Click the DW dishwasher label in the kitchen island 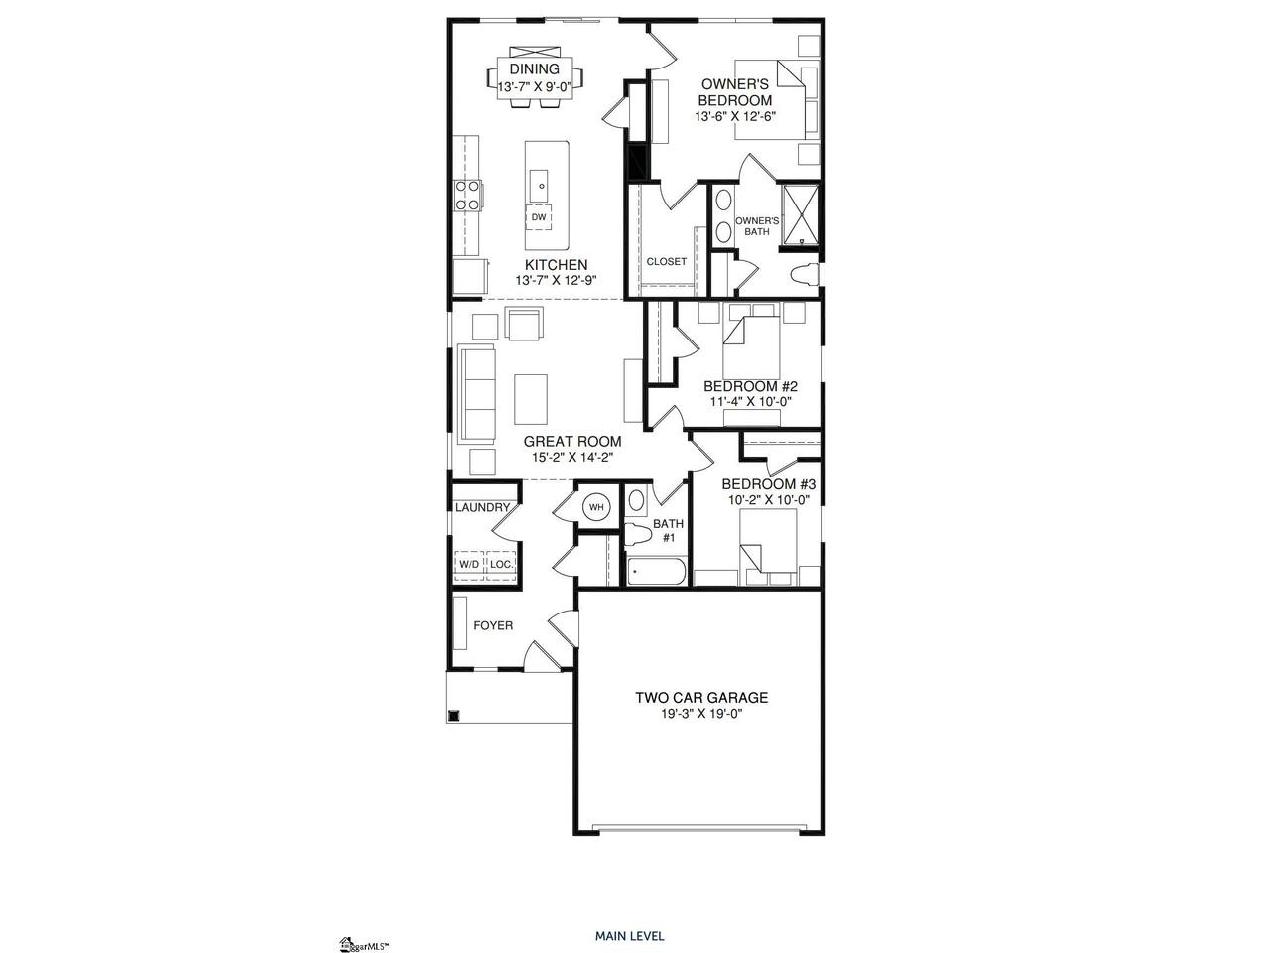tap(538, 217)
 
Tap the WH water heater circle tap(596, 507)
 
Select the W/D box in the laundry tap(469, 563)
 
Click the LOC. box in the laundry tap(500, 563)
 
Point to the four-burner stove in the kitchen tap(467, 196)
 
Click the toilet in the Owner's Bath tap(805, 274)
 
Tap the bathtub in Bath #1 tap(657, 572)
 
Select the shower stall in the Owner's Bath tap(801, 214)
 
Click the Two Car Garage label tap(701, 697)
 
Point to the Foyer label tap(493, 625)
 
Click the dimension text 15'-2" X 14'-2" tap(572, 457)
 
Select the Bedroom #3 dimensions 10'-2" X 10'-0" tap(768, 500)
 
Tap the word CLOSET tap(667, 261)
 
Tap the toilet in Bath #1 tap(639, 535)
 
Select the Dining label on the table tap(535, 68)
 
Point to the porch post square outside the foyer tap(454, 715)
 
